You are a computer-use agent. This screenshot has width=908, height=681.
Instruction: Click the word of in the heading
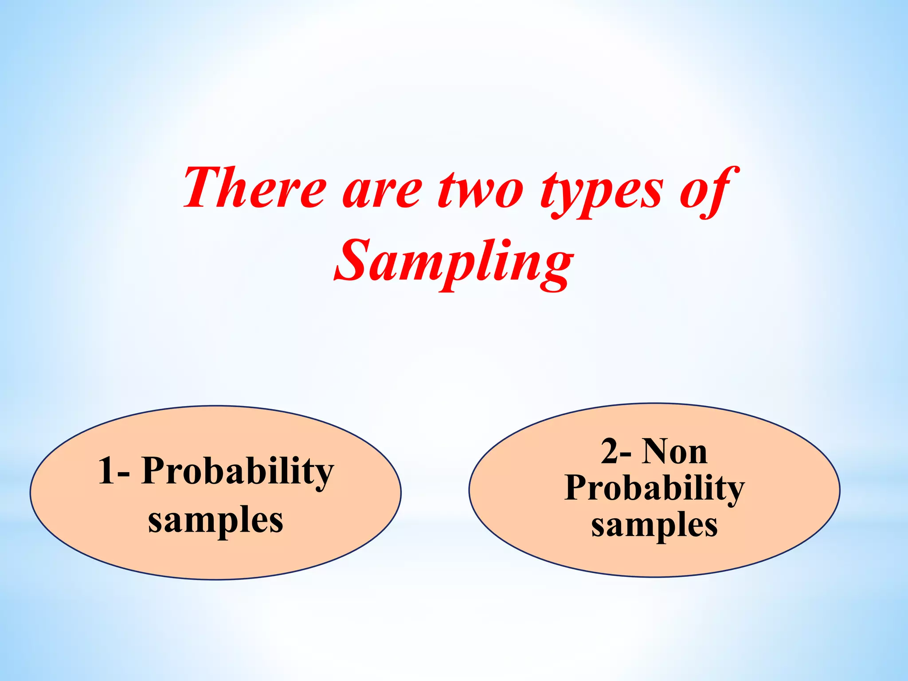[x=708, y=191]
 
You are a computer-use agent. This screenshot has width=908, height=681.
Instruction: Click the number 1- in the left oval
[x=113, y=471]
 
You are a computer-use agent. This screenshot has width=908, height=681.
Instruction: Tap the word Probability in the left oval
[x=238, y=473]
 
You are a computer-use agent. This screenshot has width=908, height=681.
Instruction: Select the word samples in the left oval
[x=215, y=521]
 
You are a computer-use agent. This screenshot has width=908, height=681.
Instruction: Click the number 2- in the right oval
[x=616, y=452]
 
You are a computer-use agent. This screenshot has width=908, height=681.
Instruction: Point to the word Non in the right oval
[x=675, y=452]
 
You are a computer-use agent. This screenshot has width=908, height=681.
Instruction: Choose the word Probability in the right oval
[x=654, y=489]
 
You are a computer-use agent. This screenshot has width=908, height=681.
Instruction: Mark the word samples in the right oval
[x=654, y=525]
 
